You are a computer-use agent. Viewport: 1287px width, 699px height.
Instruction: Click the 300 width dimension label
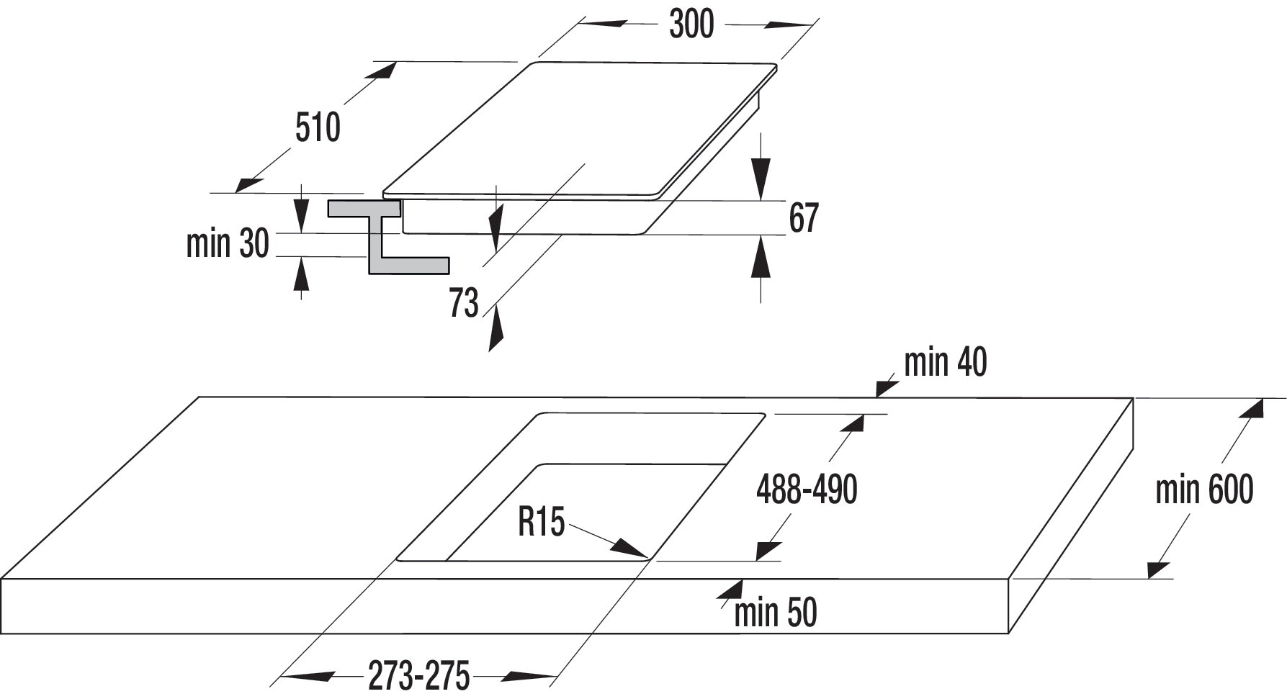click(691, 24)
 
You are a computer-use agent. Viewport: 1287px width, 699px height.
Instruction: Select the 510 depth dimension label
click(318, 128)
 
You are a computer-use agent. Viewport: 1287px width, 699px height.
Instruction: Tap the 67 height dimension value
click(804, 217)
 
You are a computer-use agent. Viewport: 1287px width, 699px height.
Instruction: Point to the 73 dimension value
click(464, 302)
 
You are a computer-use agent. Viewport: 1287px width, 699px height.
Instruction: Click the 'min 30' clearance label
click(227, 243)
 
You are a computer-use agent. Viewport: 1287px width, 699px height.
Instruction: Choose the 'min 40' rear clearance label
click(945, 362)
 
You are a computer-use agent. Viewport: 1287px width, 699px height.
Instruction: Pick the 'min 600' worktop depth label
click(1204, 490)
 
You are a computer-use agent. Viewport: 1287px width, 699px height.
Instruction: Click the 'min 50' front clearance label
click(776, 613)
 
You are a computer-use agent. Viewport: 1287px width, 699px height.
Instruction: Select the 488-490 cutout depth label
click(807, 490)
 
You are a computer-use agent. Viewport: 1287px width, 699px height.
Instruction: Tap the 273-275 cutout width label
click(418, 676)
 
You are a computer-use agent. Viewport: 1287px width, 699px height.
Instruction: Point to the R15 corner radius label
click(542, 521)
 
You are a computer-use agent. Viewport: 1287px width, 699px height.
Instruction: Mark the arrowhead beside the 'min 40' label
click(887, 389)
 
